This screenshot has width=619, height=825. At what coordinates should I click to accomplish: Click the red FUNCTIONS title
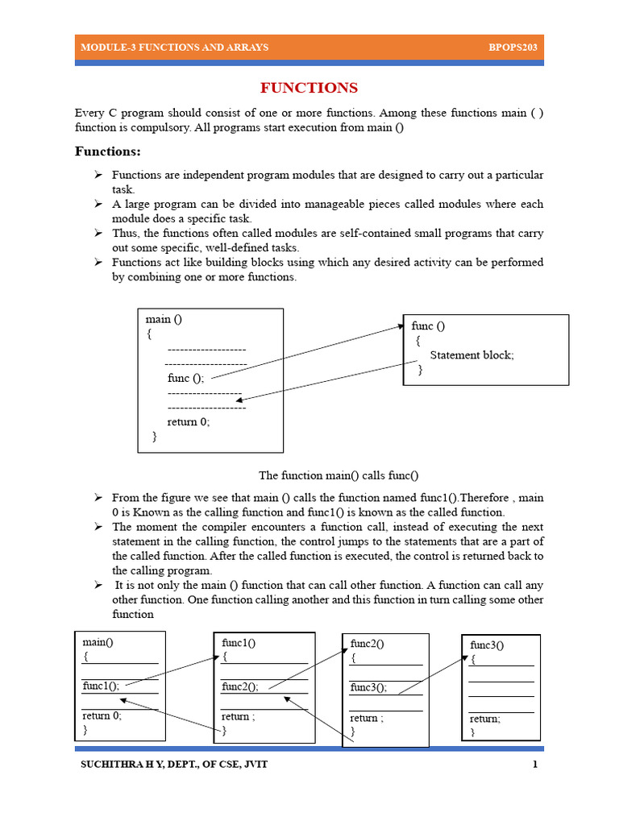pos(309,88)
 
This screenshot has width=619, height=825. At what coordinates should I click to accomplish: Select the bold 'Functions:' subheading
pos(108,151)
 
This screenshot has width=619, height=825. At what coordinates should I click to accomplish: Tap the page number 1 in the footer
pos(534,764)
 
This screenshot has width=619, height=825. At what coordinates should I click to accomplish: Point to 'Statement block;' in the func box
pos(472,354)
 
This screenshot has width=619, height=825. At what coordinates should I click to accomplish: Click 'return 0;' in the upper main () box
pos(189,421)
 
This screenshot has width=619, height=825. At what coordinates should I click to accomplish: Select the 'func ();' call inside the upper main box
pos(185,378)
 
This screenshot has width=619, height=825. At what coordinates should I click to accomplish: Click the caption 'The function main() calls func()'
pos(339,475)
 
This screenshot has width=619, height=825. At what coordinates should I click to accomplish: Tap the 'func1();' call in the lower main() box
pos(101,686)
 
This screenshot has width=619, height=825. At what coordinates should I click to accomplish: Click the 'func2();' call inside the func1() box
pos(240,686)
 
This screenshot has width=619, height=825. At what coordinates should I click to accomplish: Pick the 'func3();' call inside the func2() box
pos(368,687)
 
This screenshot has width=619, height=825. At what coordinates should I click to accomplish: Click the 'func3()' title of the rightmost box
pos(488,645)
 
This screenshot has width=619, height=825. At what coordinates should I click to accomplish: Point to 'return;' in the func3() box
pos(485,719)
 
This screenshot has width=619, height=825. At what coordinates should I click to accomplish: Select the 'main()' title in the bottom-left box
pos(98,642)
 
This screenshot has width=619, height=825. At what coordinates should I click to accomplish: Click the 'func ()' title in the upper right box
pos(428,325)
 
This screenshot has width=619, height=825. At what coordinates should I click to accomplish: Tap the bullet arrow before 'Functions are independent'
pos(97,175)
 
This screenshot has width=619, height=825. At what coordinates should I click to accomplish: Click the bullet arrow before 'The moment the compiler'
pos(97,526)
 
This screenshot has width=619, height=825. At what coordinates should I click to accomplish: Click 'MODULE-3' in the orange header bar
pos(103,48)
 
